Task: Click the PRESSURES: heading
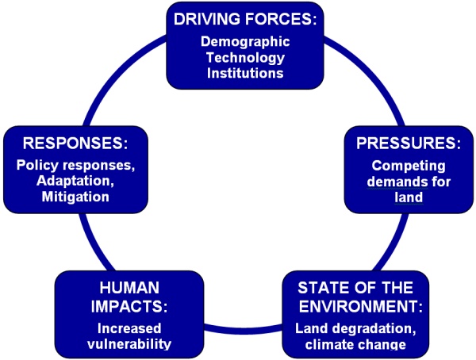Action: [406, 144]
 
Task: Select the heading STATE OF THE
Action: [355, 287]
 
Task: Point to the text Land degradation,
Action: [355, 329]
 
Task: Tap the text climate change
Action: [355, 345]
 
